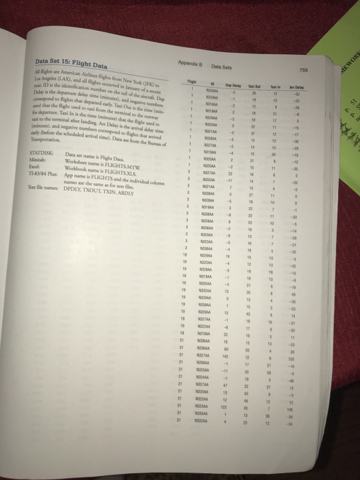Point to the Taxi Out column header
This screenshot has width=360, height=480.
click(x=252, y=99)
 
